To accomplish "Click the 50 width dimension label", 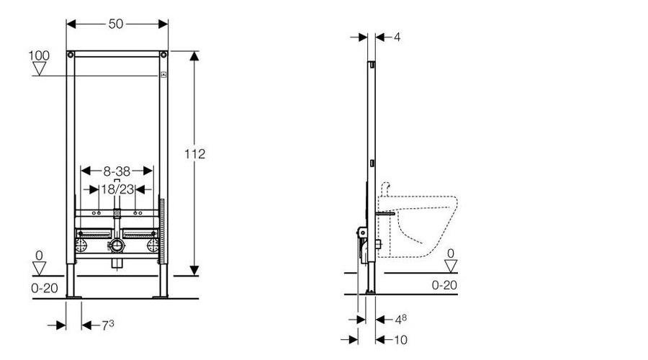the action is click(x=116, y=24).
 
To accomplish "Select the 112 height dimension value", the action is click(x=194, y=154).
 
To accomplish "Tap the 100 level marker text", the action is click(x=39, y=55).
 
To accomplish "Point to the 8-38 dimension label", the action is click(x=117, y=171).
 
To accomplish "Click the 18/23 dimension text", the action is click(x=118, y=189).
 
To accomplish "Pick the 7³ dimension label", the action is click(x=108, y=325).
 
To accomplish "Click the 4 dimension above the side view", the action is click(x=397, y=37).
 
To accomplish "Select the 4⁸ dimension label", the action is click(x=401, y=319).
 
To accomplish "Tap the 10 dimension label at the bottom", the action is click(x=400, y=340).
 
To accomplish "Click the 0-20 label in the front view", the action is click(x=45, y=288).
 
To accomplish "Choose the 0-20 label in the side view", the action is click(x=444, y=285).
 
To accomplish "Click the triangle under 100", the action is click(x=40, y=68).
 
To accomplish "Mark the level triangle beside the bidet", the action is click(x=451, y=266).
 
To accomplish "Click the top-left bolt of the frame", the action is click(x=71, y=55).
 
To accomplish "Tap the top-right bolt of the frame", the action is click(x=163, y=55).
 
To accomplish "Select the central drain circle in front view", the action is click(x=117, y=246).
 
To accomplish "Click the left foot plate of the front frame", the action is click(x=73, y=297).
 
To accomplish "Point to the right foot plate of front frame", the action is click(x=161, y=297).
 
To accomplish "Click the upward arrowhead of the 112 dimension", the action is click(x=194, y=56).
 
